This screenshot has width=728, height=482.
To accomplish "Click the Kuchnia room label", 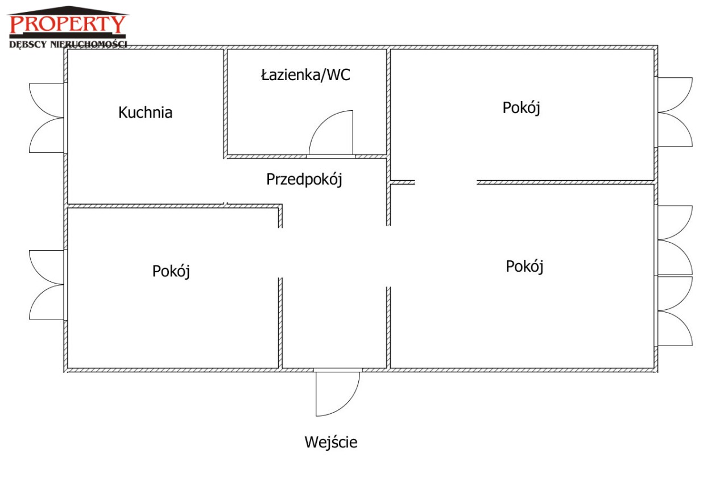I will click(145, 113).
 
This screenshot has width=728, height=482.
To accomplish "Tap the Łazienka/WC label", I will click(305, 75).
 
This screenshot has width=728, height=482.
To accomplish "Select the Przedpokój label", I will click(304, 180).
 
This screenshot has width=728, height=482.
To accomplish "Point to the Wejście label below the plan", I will click(331, 442).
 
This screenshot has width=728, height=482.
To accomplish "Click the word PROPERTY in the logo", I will click(67, 24).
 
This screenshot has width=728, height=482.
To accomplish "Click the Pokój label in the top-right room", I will click(521, 107).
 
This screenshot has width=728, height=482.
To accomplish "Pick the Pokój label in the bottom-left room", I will click(171, 271).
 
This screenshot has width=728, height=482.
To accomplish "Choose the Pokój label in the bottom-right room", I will click(524, 266).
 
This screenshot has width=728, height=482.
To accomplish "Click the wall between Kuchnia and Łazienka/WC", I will click(225, 102).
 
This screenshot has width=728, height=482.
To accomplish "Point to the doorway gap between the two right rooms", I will click(445, 182).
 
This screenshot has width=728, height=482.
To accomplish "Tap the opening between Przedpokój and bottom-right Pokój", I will click(388, 256).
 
